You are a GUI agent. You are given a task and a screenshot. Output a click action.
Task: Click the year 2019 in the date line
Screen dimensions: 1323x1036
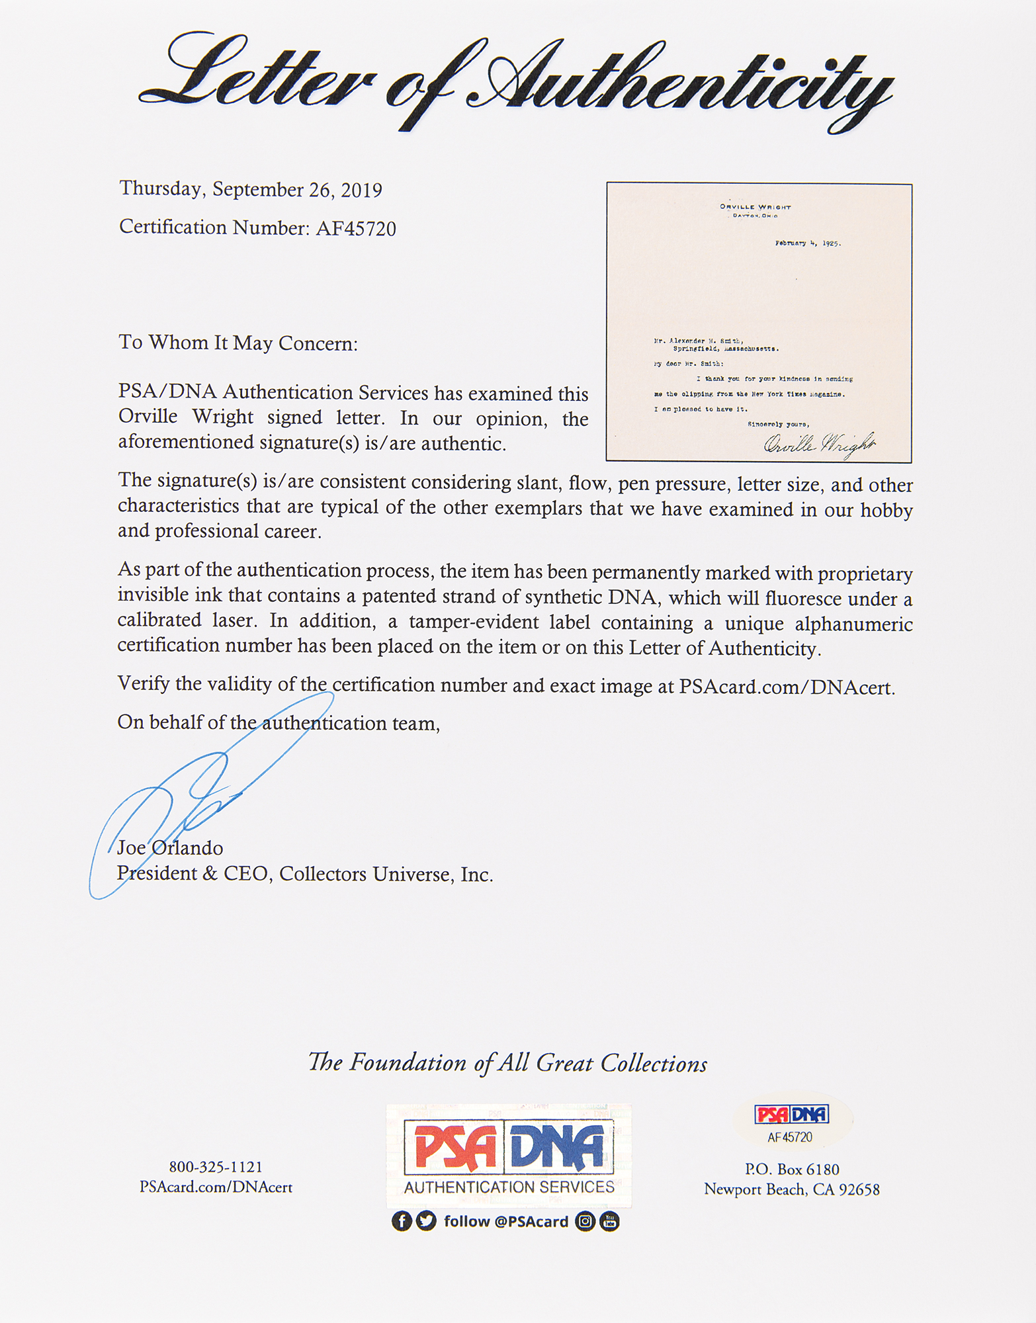pos(361,191)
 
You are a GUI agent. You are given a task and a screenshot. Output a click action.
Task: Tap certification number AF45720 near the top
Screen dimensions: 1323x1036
pos(356,229)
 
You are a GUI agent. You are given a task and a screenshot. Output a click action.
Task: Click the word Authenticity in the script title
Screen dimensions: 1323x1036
pos(681,83)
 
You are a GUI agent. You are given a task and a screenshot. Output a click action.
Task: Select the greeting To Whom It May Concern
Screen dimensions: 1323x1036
pos(238,343)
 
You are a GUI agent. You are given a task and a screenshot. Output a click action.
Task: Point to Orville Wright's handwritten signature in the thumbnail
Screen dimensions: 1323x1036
pos(819,444)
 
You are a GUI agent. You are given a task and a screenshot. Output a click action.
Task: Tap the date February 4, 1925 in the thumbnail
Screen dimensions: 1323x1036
pos(807,243)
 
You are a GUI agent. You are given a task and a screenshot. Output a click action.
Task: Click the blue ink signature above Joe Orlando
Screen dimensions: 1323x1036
pos(198,794)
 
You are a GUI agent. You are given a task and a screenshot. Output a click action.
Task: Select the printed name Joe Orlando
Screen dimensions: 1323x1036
pos(170,848)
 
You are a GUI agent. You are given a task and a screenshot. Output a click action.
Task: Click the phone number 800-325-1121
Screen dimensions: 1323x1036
pos(216,1167)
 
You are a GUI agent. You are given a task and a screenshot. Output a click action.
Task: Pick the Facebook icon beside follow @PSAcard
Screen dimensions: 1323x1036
pos(402,1221)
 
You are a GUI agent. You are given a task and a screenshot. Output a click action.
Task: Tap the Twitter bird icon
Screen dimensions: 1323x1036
pos(427,1221)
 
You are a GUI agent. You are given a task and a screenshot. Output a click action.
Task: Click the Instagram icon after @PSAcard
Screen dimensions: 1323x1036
pos(585,1221)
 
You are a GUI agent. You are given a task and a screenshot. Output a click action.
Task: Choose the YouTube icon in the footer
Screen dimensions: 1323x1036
pos(609,1221)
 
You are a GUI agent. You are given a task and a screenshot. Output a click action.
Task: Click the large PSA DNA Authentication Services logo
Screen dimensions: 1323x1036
pos(508,1155)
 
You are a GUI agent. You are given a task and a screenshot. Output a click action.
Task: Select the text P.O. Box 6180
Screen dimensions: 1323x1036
pos(792,1170)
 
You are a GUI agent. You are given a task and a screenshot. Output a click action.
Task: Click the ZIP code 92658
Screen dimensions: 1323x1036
pos(859,1190)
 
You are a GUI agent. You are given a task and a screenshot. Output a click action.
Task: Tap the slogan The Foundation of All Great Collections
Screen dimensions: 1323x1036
pos(507,1063)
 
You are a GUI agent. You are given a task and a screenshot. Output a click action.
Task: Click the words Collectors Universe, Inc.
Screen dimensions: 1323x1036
pos(386,875)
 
